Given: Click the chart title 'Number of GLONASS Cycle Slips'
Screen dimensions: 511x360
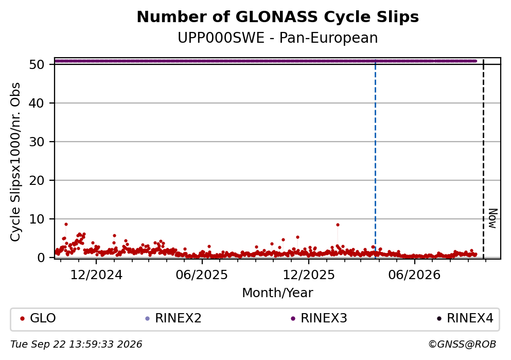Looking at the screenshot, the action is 278,17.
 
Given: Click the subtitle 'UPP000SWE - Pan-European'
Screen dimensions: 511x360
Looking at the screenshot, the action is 278,38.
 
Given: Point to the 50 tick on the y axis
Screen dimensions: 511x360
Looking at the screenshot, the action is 37,64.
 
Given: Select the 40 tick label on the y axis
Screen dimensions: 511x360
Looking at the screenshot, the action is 37,103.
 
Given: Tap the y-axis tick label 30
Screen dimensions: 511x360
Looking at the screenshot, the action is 37,142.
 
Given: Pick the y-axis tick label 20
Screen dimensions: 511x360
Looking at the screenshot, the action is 37,180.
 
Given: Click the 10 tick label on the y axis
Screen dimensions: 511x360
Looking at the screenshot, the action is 37,219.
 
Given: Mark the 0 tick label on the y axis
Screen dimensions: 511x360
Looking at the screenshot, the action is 41,258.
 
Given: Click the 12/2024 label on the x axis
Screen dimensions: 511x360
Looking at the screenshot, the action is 96,275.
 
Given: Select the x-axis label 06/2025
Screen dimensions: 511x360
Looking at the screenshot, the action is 202,275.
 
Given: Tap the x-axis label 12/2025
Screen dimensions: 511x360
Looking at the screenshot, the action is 309,275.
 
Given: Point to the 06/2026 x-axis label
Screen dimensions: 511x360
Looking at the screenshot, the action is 414,275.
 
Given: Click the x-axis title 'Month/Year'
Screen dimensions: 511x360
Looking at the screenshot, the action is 278,293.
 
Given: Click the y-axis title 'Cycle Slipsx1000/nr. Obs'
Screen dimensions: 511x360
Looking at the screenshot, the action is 15,162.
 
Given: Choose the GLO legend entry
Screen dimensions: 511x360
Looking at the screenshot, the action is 38,318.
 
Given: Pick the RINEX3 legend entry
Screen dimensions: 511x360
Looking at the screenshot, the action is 319,318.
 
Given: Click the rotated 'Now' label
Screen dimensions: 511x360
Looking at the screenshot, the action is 493,218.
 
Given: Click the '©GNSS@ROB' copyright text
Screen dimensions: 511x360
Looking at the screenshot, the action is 462,345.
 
